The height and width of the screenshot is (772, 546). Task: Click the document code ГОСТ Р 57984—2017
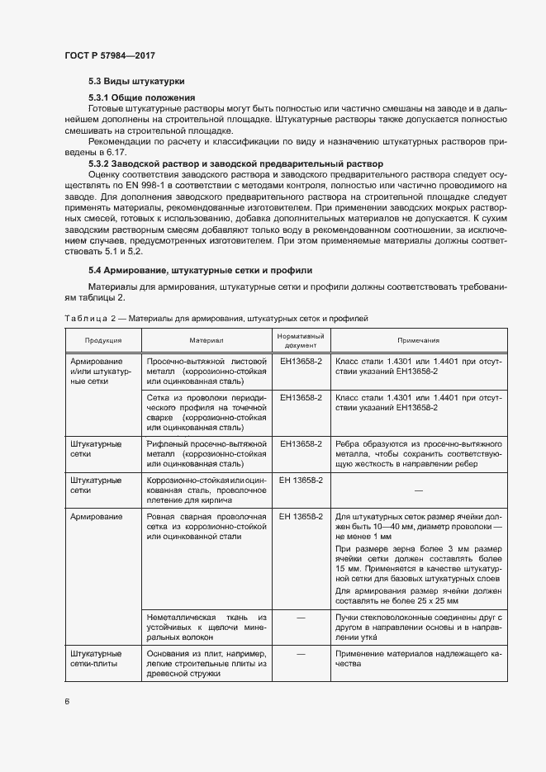[110, 55]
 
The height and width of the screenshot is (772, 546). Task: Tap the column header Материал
[207, 340]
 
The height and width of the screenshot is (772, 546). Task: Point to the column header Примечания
[418, 340]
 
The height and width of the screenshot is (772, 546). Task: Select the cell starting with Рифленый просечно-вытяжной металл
[207, 454]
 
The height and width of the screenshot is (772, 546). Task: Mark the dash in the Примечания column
[418, 490]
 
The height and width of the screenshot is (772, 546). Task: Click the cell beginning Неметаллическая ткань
[207, 628]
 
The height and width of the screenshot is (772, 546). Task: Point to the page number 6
[66, 701]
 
